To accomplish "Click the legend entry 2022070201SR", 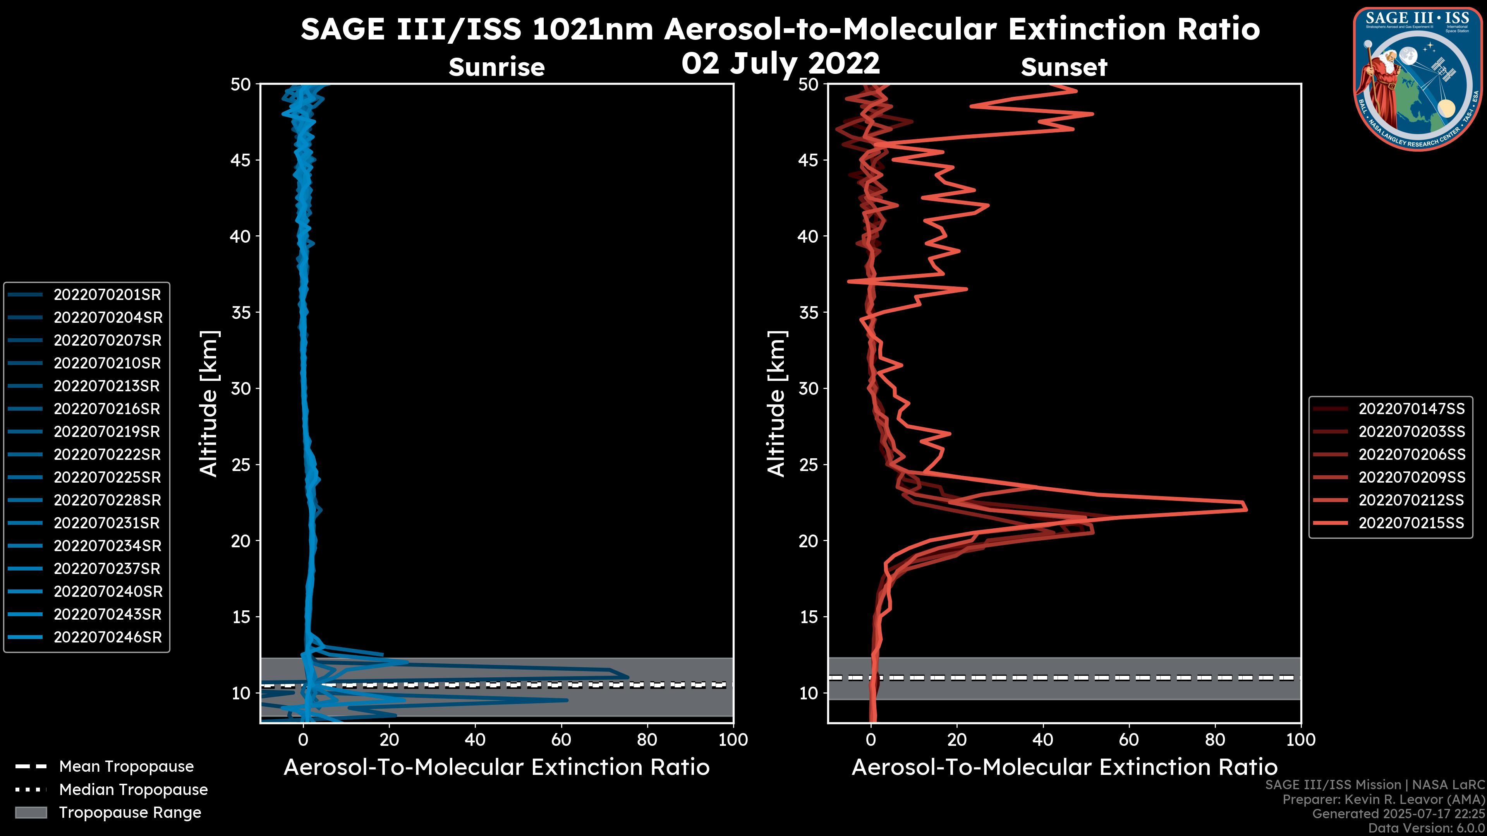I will [107, 295].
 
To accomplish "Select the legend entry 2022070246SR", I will [107, 637].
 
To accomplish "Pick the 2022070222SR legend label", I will [107, 455].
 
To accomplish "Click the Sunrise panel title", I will [496, 67].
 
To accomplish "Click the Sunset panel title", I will [1064, 67].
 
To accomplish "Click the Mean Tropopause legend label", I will [126, 767].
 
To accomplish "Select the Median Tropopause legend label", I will [133, 790].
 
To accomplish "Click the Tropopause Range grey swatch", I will [31, 813].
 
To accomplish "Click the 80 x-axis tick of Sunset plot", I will [1215, 740].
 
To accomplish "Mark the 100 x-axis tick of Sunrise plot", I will [733, 740].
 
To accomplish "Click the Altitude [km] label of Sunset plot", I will [776, 403].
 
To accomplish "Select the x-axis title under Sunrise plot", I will [496, 767].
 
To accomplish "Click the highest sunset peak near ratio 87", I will [1246, 509].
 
